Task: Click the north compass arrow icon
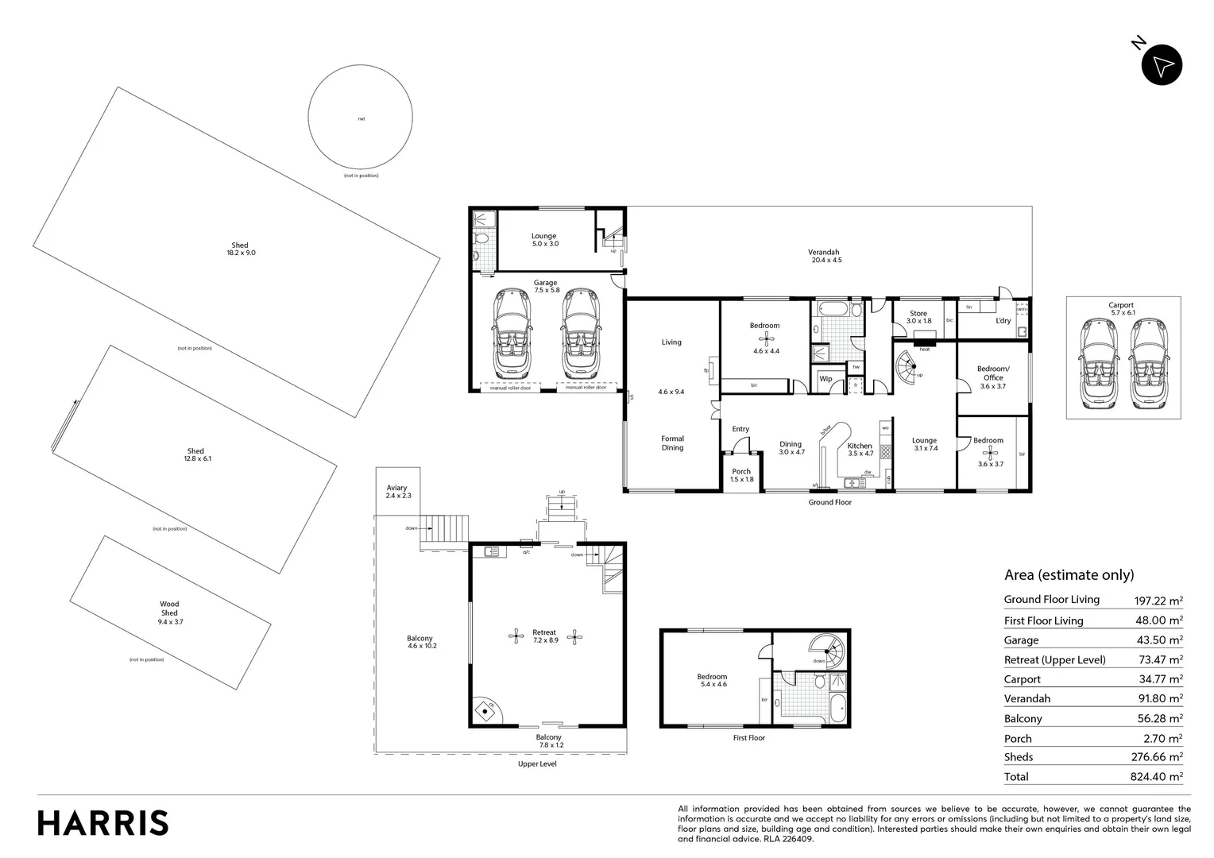click(1162, 65)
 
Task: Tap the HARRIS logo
click(103, 823)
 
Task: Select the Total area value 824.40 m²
click(1160, 777)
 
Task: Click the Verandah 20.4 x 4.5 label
click(825, 256)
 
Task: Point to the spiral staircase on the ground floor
click(910, 369)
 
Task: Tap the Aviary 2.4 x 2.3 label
click(397, 492)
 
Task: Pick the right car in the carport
click(1146, 362)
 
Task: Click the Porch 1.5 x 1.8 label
click(741, 475)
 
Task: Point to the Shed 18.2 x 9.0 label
click(240, 249)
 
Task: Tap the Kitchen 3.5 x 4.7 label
click(860, 450)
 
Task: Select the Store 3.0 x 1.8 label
click(918, 317)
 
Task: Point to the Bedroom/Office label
click(992, 373)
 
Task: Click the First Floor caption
click(748, 738)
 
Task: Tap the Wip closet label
click(825, 379)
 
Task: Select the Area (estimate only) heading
click(1069, 575)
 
